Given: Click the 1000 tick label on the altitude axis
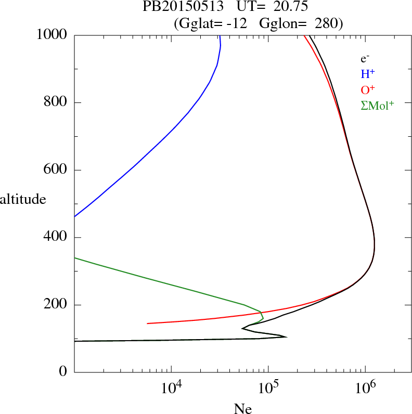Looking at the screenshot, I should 52,35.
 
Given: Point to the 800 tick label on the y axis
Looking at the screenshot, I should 56,102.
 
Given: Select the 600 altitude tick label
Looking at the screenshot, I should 56,170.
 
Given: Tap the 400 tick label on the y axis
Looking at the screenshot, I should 56,238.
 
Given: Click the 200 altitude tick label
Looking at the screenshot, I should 56,305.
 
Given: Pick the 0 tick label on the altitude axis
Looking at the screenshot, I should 63,372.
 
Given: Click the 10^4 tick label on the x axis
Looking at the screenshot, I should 172,388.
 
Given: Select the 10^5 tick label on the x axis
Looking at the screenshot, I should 268,388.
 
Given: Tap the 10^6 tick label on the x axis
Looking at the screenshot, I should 365,388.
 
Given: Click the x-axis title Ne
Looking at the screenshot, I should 242,409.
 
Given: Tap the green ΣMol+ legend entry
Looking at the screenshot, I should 377,105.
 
